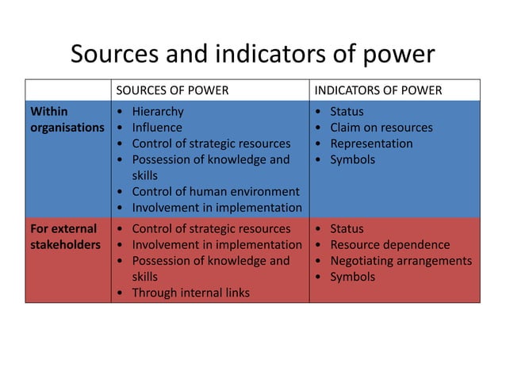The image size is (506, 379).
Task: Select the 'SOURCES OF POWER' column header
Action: tap(172, 90)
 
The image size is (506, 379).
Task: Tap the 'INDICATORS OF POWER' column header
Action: tap(378, 90)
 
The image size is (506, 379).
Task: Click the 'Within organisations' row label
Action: tap(67, 120)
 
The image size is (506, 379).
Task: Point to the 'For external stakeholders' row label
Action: tap(65, 237)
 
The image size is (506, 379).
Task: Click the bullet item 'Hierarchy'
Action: tap(157, 112)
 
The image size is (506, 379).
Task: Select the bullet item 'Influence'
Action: tap(156, 128)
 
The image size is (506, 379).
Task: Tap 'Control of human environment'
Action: tap(215, 192)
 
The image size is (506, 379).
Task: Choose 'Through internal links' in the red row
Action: tap(190, 293)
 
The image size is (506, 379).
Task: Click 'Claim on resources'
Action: tap(381, 128)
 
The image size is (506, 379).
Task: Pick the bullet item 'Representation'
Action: tap(371, 144)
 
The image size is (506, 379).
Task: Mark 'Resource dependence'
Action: tap(389, 245)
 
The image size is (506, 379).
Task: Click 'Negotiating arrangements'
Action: tap(401, 261)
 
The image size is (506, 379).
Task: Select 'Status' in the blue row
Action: tap(347, 112)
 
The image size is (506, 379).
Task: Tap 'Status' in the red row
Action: tap(347, 229)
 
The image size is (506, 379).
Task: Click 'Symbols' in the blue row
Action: tap(352, 159)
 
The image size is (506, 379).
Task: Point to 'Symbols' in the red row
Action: tap(352, 277)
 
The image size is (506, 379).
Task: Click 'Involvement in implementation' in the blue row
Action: tap(217, 208)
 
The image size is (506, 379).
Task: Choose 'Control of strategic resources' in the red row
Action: tap(211, 229)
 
